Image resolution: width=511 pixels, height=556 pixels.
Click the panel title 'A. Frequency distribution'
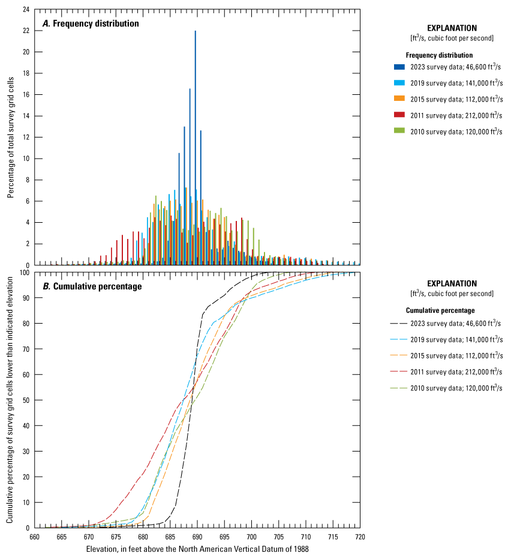(x=90, y=23)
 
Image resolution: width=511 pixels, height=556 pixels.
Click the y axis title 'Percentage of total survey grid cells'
(x=11, y=137)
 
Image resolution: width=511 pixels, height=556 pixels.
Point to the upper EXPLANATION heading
(x=452, y=28)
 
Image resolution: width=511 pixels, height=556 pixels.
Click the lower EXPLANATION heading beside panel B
(x=452, y=283)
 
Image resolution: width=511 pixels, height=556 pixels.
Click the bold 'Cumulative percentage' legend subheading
(x=440, y=310)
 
